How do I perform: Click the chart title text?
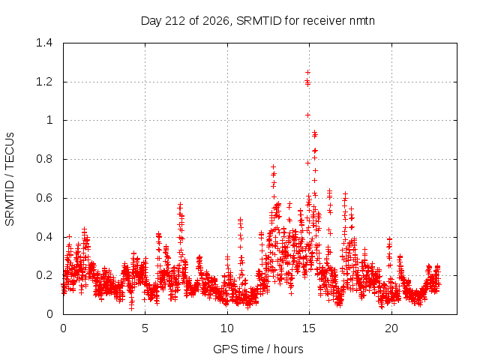pyautogui.click(x=258, y=21)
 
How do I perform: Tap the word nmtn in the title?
pyautogui.click(x=361, y=21)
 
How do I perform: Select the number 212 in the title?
pyautogui.click(x=175, y=21)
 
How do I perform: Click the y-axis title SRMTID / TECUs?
pyautogui.click(x=10, y=179)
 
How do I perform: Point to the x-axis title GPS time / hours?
pyautogui.click(x=258, y=349)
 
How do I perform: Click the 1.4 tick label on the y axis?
pyautogui.click(x=44, y=43)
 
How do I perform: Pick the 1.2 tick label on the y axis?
pyautogui.click(x=44, y=82)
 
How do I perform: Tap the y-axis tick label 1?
pyautogui.click(x=49, y=120)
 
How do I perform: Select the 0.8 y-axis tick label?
pyautogui.click(x=44, y=159)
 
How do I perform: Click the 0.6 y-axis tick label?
pyautogui.click(x=44, y=198)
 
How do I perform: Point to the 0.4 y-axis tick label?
pyautogui.click(x=44, y=237)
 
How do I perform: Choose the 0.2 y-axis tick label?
pyautogui.click(x=44, y=275)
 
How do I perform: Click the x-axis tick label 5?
pyautogui.click(x=145, y=328)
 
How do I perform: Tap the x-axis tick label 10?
pyautogui.click(x=227, y=328)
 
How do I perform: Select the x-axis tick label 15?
pyautogui.click(x=309, y=328)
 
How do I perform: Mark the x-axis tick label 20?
pyautogui.click(x=391, y=328)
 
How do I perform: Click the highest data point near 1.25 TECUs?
pyautogui.click(x=307, y=72)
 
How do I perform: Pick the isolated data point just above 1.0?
pyautogui.click(x=307, y=115)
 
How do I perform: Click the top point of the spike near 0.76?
pyautogui.click(x=273, y=166)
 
